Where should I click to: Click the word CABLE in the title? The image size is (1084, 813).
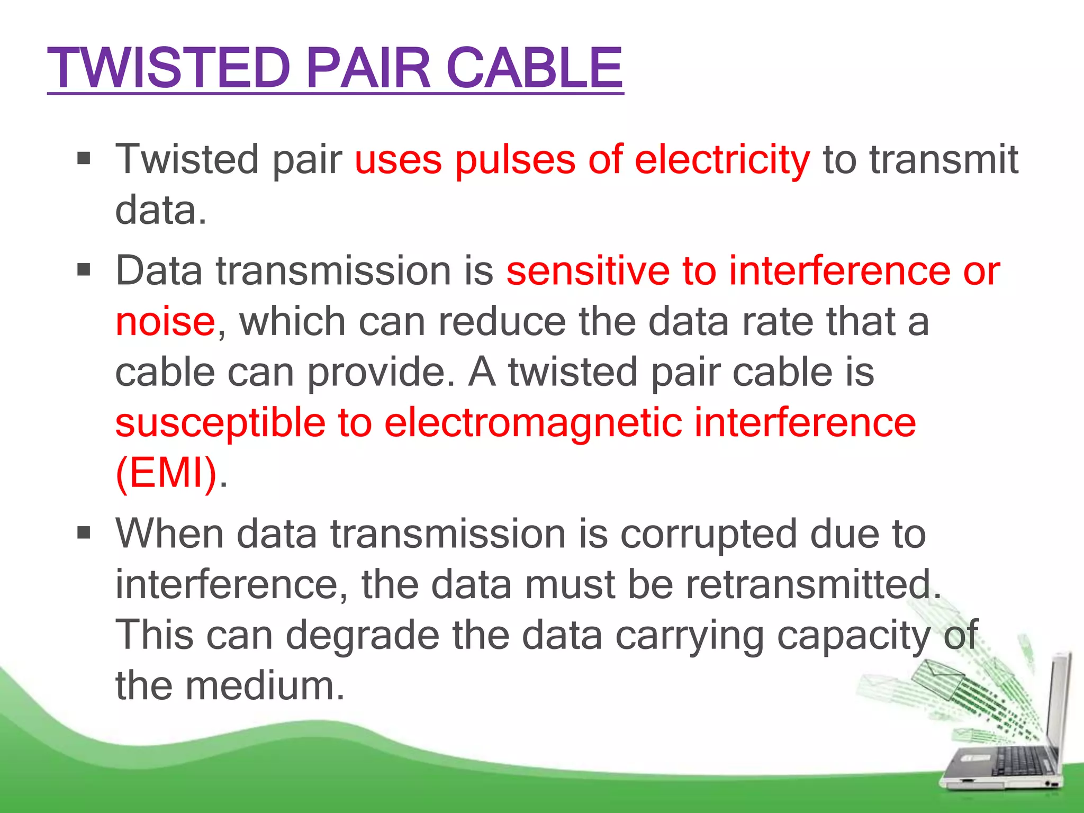[x=535, y=68]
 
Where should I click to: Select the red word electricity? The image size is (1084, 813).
[x=721, y=159]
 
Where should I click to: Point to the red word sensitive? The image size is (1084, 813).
[x=588, y=271]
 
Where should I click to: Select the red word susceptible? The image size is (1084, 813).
[x=220, y=423]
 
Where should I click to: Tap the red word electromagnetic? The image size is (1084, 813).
[x=532, y=423]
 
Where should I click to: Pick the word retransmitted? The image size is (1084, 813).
[x=813, y=585]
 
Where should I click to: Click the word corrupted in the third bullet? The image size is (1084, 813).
[x=708, y=535]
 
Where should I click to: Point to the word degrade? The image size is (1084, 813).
[x=363, y=635]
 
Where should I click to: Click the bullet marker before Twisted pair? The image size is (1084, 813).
[x=84, y=158]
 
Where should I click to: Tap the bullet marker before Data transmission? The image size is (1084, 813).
[x=84, y=270]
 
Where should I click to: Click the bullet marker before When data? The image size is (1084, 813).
[x=84, y=532]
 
